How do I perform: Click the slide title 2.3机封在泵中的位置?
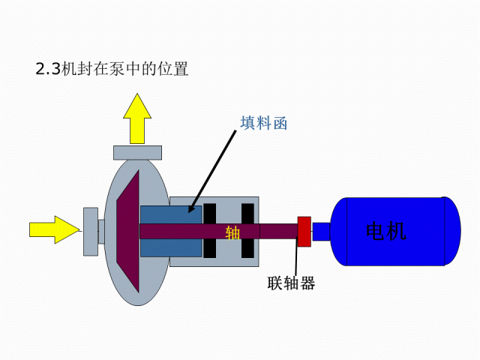click(112, 68)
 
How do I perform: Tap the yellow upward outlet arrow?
click(137, 118)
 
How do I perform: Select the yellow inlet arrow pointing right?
click(55, 229)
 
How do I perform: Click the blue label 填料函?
click(263, 123)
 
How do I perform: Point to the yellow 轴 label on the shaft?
click(232, 232)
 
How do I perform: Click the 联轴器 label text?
click(291, 283)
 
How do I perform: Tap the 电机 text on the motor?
click(386, 231)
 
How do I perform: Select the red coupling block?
click(304, 232)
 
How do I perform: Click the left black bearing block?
click(210, 230)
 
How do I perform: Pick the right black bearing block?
click(247, 230)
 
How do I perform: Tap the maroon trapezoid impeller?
click(128, 232)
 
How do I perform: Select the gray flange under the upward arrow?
click(137, 153)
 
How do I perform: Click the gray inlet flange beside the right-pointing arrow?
click(91, 232)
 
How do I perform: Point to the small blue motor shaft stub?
click(321, 232)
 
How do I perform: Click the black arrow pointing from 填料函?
click(212, 172)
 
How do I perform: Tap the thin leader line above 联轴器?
click(296, 256)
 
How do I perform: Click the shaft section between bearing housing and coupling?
click(278, 232)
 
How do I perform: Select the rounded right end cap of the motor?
click(452, 231)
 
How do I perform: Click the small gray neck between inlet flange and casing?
click(101, 232)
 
